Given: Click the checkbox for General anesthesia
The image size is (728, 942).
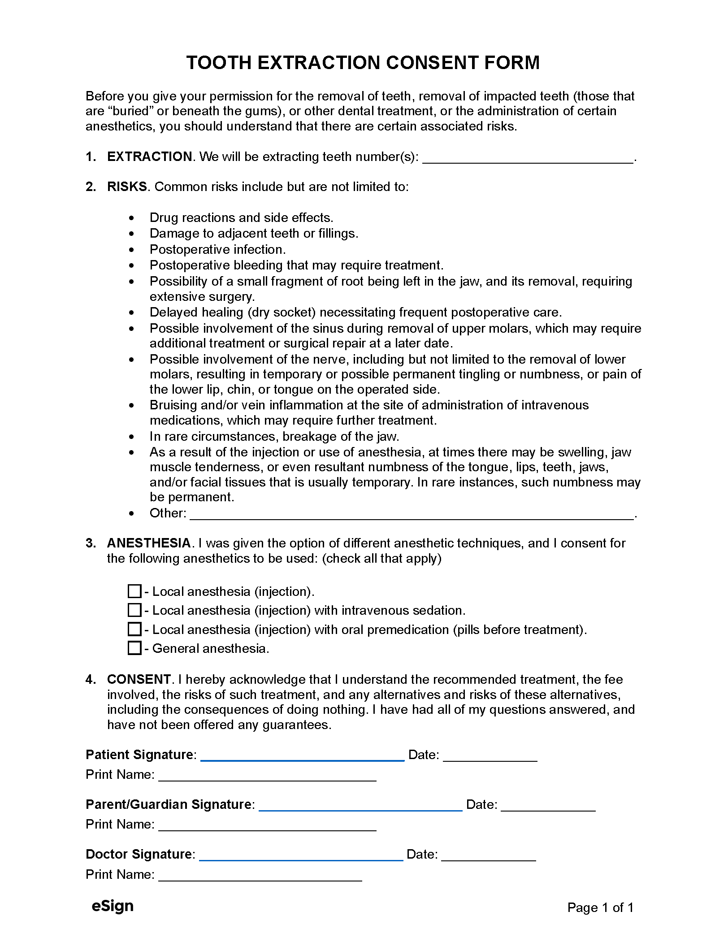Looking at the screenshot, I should click(x=134, y=648).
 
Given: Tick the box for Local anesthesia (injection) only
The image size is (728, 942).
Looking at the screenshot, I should click(x=134, y=591).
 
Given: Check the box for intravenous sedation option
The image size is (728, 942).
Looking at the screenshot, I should click(x=134, y=610).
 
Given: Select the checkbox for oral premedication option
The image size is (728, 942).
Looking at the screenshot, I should click(x=134, y=629).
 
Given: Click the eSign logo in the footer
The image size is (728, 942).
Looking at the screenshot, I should click(x=113, y=906).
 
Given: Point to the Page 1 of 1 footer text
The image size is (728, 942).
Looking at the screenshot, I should click(x=600, y=908).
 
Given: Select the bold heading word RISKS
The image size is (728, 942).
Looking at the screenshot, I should click(x=127, y=187).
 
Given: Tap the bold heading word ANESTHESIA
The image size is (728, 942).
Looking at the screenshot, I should click(x=149, y=543).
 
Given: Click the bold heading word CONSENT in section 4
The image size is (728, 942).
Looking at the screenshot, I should click(x=139, y=679).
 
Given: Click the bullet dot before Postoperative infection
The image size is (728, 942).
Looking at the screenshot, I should click(x=131, y=250).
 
